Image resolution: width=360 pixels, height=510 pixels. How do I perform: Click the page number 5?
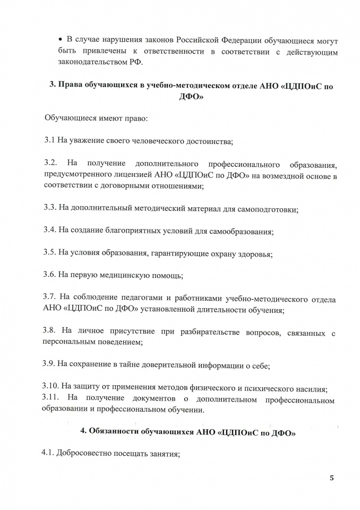(x=332, y=478)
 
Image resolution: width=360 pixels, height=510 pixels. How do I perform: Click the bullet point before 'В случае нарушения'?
(x=60, y=40)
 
